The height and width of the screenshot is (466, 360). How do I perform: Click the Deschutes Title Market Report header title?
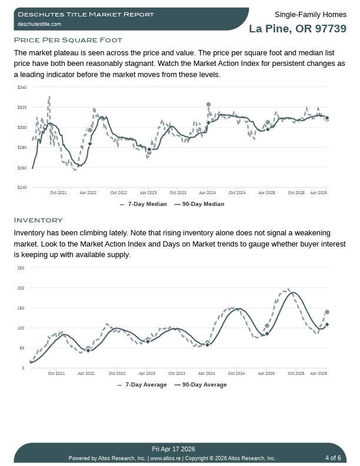[86, 14]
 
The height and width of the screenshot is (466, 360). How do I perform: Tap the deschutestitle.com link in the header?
[39, 24]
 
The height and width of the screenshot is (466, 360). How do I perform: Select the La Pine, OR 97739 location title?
[297, 29]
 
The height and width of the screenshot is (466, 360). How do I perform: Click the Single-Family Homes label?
[310, 14]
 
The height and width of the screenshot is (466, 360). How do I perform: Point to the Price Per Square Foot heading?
[68, 40]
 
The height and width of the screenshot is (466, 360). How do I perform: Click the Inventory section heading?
[38, 220]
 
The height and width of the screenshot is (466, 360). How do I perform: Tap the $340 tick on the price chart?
[22, 88]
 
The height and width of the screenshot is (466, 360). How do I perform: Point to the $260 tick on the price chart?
[22, 168]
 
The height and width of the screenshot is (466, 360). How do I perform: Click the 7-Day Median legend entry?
[144, 204]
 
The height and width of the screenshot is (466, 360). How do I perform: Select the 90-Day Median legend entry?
[200, 204]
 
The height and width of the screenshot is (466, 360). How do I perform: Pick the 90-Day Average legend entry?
[201, 385]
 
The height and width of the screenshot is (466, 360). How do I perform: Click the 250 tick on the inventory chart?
[21, 268]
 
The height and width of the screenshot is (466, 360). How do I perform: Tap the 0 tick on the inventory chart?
[24, 368]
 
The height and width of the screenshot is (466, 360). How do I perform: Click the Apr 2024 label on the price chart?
[207, 192]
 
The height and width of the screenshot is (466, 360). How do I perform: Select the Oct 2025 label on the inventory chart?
[296, 373]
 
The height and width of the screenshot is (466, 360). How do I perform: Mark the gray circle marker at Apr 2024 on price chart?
[208, 104]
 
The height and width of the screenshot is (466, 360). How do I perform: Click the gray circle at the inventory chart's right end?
[327, 312]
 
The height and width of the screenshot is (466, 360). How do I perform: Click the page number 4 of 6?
[333, 458]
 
